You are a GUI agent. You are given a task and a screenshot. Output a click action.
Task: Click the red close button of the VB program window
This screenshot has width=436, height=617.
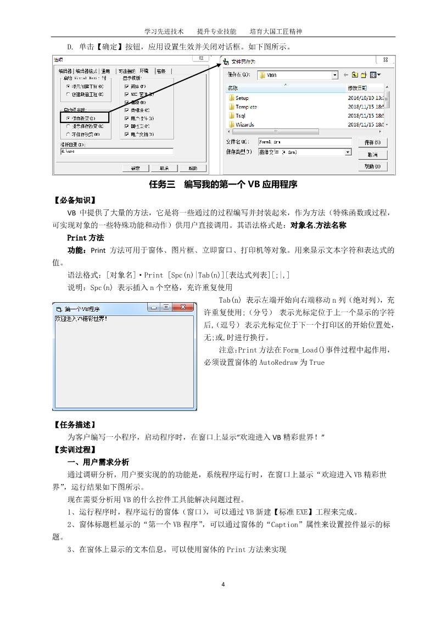tap(184, 308)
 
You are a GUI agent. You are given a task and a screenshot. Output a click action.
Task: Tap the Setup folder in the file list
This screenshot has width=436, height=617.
tap(242, 98)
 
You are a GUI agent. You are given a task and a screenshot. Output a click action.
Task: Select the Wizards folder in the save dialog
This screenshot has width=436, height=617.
tap(244, 125)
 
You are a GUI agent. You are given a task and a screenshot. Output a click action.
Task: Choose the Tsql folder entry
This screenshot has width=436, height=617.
tap(242, 116)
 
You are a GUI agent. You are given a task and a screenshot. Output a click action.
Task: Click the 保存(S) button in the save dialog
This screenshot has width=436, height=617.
tap(372, 142)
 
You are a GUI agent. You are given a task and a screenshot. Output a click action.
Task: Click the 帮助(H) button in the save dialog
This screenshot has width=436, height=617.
tap(372, 166)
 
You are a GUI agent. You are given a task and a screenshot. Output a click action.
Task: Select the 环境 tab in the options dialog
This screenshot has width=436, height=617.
tap(144, 71)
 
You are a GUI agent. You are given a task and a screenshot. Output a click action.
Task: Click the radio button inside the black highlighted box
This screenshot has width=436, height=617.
tap(68, 118)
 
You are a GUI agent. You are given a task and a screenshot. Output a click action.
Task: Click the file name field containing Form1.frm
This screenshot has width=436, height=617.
tap(304, 142)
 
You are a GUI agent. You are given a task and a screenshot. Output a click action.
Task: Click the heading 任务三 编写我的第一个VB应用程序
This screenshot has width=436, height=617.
tap(223, 185)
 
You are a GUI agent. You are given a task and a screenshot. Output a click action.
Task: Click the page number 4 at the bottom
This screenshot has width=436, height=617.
tap(223, 583)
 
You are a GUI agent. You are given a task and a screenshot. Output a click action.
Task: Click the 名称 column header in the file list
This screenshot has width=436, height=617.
tap(232, 88)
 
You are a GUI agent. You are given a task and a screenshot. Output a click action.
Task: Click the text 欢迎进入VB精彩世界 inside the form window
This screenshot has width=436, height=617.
tap(81, 318)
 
